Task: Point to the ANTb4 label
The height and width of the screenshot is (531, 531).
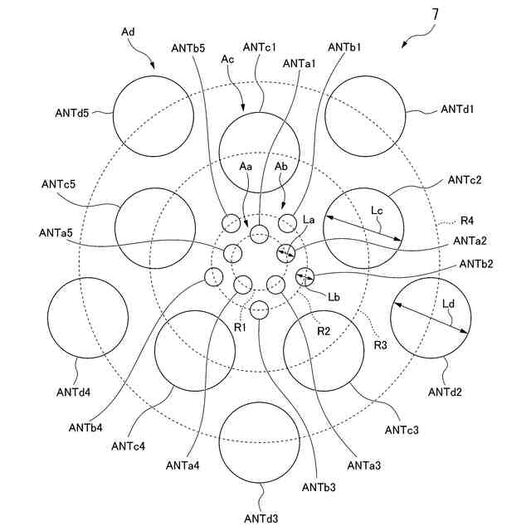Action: tap(86, 427)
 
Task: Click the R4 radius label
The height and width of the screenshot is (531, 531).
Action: tap(469, 222)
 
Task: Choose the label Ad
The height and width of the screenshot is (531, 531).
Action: tap(129, 31)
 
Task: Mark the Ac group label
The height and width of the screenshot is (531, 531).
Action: tap(231, 60)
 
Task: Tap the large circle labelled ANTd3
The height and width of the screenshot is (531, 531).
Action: tap(260, 442)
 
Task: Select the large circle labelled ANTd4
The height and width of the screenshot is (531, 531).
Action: tap(87, 317)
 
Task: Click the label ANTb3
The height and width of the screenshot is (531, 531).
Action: tap(319, 486)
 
